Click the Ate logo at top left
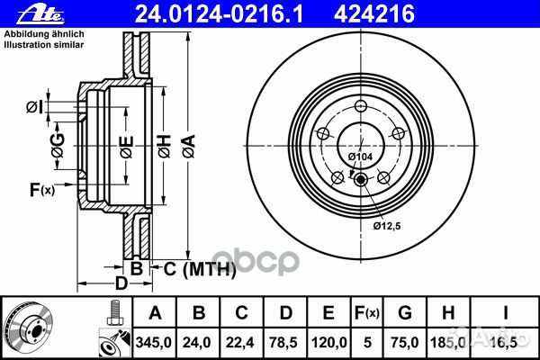[x=25, y=13]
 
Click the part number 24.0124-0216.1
[x=191, y=13]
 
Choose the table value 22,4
[x=241, y=343]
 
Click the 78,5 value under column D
[x=285, y=343]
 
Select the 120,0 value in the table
[x=329, y=343]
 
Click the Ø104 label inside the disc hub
[x=361, y=157]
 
